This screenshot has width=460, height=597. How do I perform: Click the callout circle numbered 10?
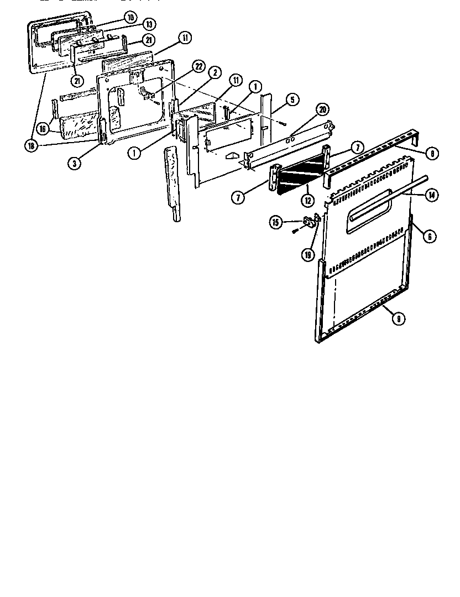coord(130,18)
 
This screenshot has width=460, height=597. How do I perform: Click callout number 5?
coord(292,100)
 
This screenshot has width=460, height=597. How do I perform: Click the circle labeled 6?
coord(428,236)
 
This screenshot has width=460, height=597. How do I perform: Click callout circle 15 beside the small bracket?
coord(275,222)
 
